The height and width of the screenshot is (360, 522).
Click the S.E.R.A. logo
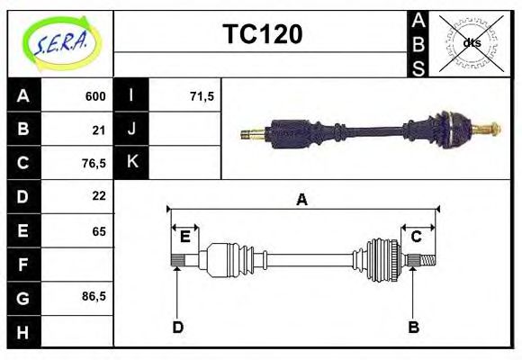click(x=60, y=41)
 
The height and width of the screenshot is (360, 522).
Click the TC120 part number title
click(x=262, y=34)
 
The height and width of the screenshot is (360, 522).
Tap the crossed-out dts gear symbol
click(x=472, y=42)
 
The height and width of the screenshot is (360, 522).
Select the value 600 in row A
click(x=95, y=96)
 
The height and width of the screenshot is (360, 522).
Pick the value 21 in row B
click(x=99, y=130)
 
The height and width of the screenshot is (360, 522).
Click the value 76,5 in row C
click(x=94, y=163)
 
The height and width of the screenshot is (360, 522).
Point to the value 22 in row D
click(x=99, y=196)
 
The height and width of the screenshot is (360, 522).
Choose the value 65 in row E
click(x=99, y=231)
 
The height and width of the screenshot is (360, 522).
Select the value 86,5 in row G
click(x=94, y=297)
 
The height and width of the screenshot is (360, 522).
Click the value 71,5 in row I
click(x=202, y=96)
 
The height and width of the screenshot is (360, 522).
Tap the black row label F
click(x=23, y=265)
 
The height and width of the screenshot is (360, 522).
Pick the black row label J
click(x=132, y=130)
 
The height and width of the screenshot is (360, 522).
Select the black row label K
click(x=132, y=163)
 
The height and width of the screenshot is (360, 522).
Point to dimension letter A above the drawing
click(x=302, y=200)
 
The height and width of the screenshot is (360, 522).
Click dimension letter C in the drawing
click(x=417, y=237)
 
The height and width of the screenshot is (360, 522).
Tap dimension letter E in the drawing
click(x=184, y=237)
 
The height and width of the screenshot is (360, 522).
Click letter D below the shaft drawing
click(x=178, y=328)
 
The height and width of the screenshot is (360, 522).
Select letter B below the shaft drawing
click(x=414, y=328)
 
